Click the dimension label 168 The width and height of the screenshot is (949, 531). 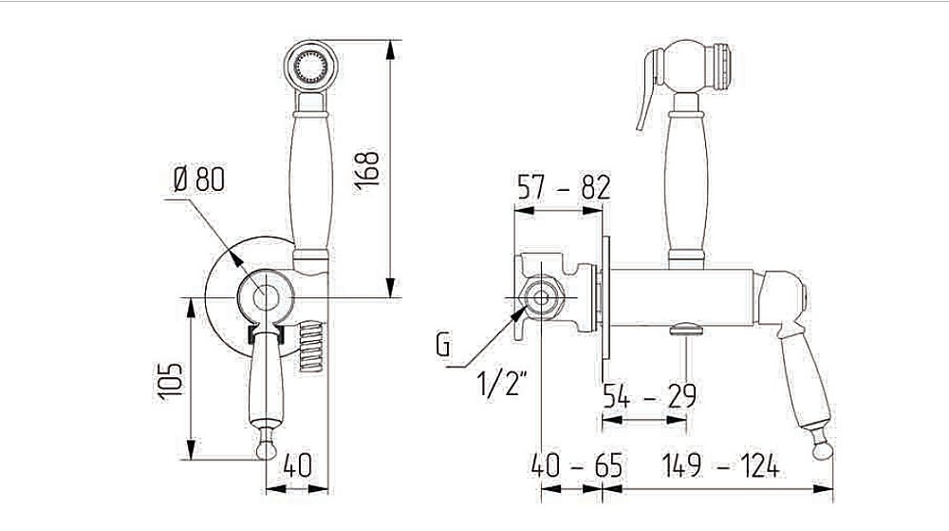(x=366, y=170)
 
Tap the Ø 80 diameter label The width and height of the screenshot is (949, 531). (x=199, y=180)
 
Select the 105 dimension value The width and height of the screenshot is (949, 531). (x=170, y=381)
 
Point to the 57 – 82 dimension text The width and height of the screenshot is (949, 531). (x=564, y=187)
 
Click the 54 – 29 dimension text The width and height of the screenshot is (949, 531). (x=649, y=396)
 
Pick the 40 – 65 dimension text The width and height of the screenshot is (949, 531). (x=577, y=465)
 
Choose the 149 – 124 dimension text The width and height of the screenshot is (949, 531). (x=720, y=465)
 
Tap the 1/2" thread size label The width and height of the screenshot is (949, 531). (x=502, y=383)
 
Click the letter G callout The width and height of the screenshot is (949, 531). (x=443, y=345)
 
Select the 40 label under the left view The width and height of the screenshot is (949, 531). (x=297, y=465)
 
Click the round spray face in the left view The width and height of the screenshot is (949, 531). (x=310, y=66)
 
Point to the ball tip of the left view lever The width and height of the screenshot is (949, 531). (x=267, y=449)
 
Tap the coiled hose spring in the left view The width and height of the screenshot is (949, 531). (x=312, y=347)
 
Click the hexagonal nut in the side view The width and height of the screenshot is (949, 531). (x=542, y=298)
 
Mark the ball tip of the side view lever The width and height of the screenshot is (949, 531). (x=821, y=450)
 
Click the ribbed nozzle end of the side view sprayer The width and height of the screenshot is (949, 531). (x=722, y=66)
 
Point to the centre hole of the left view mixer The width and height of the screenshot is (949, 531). (x=266, y=298)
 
